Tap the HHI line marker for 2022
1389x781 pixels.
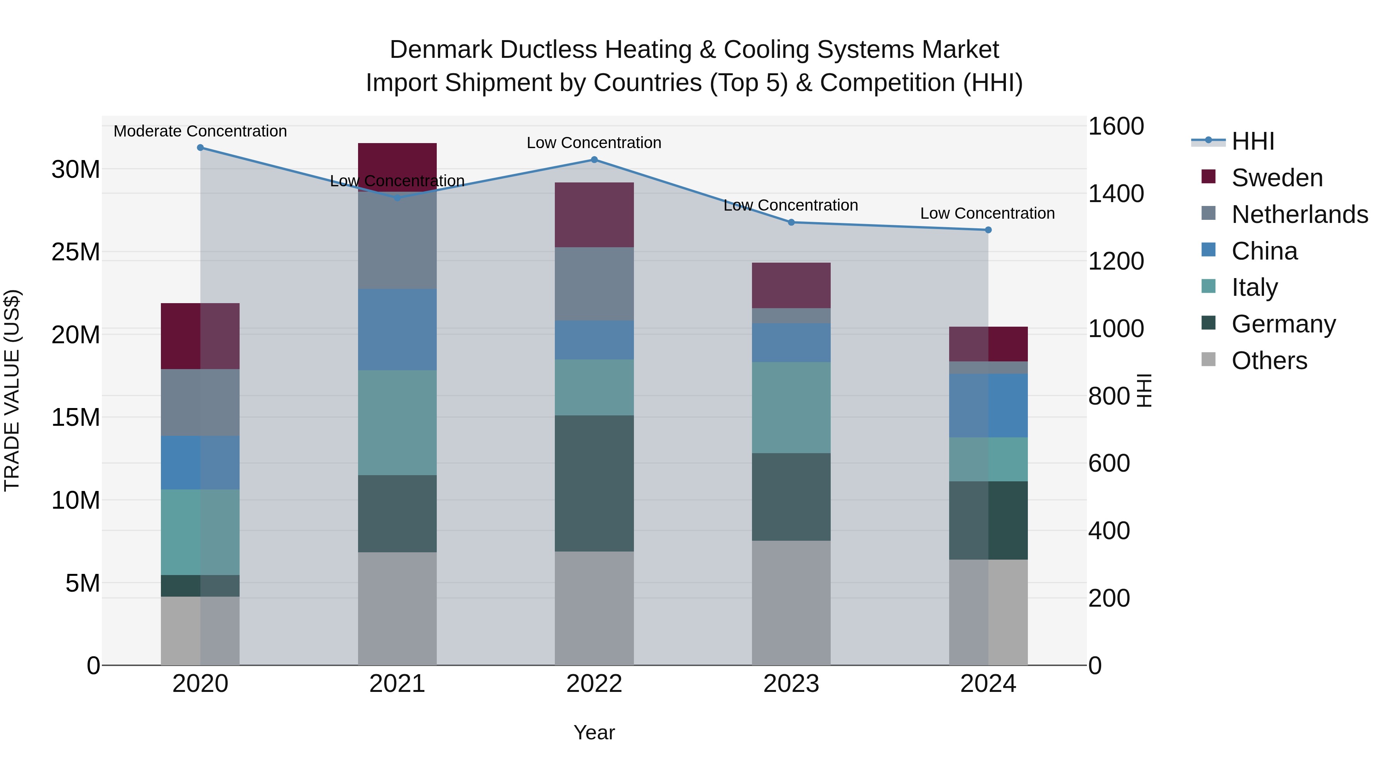(x=594, y=160)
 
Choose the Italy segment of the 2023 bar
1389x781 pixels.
(x=791, y=408)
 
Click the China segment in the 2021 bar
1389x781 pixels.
(x=397, y=329)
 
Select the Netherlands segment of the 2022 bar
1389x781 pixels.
(x=594, y=284)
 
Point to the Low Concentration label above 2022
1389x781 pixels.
(x=594, y=143)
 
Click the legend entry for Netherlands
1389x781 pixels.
(x=1299, y=214)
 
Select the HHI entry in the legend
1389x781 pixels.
(x=1252, y=141)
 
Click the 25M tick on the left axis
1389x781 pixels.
(x=76, y=252)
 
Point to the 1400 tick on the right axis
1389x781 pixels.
(x=1115, y=194)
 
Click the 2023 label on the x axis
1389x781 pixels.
(x=791, y=684)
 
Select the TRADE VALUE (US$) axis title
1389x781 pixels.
(x=12, y=390)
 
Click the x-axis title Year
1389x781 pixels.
(x=594, y=732)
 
